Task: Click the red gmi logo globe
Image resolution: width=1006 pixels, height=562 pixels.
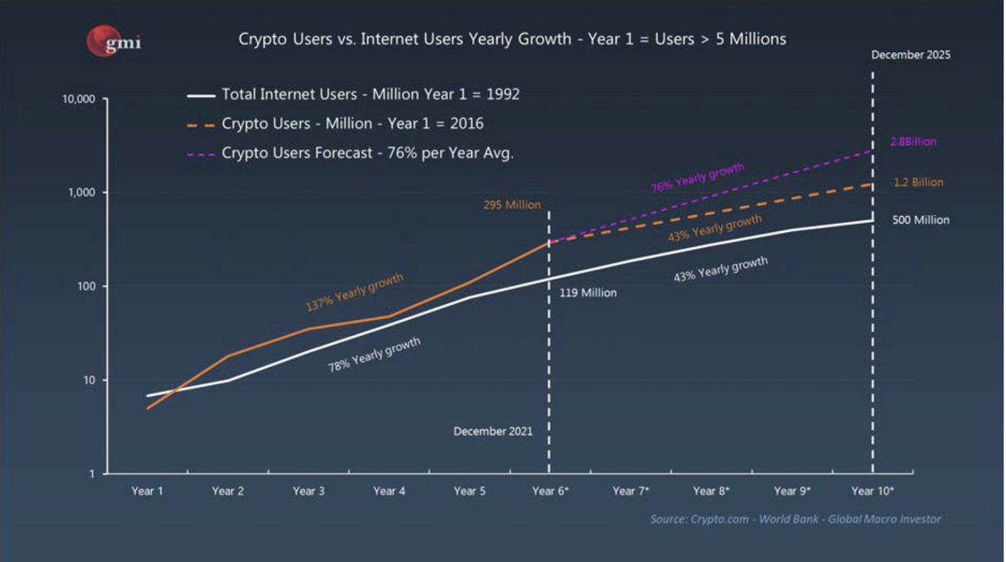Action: click(101, 40)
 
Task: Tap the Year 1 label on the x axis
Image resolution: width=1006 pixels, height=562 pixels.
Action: click(147, 492)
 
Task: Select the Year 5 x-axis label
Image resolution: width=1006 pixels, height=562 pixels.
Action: click(469, 492)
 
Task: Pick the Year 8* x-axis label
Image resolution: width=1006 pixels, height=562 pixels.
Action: click(712, 492)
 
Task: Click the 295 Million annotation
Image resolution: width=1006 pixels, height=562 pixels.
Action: click(512, 204)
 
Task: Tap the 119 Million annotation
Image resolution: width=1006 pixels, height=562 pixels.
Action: click(588, 293)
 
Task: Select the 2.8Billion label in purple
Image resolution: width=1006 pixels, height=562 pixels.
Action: click(913, 142)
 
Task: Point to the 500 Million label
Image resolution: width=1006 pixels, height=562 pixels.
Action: click(920, 220)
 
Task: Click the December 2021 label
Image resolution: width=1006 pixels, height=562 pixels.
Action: click(492, 431)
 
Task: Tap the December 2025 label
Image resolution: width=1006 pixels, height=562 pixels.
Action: click(911, 55)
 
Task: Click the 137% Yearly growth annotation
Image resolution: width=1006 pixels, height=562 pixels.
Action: click(355, 292)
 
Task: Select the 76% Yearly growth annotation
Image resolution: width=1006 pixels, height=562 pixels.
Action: click(697, 178)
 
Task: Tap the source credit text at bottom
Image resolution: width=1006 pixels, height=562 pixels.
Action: click(796, 519)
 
